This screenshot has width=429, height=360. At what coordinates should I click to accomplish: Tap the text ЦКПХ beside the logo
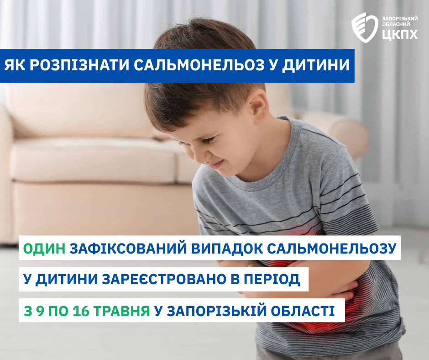coord(400,34)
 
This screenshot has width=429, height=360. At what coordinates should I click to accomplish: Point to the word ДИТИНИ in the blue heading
coord(316,66)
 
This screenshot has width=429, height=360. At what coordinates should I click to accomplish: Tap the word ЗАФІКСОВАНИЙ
coord(128,248)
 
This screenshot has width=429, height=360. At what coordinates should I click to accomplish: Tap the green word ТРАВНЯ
coord(122,311)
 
